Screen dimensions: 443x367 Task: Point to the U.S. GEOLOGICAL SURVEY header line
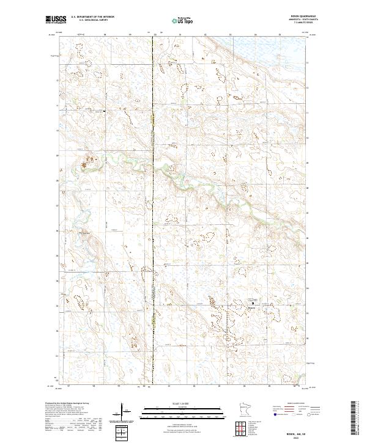[89, 20]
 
